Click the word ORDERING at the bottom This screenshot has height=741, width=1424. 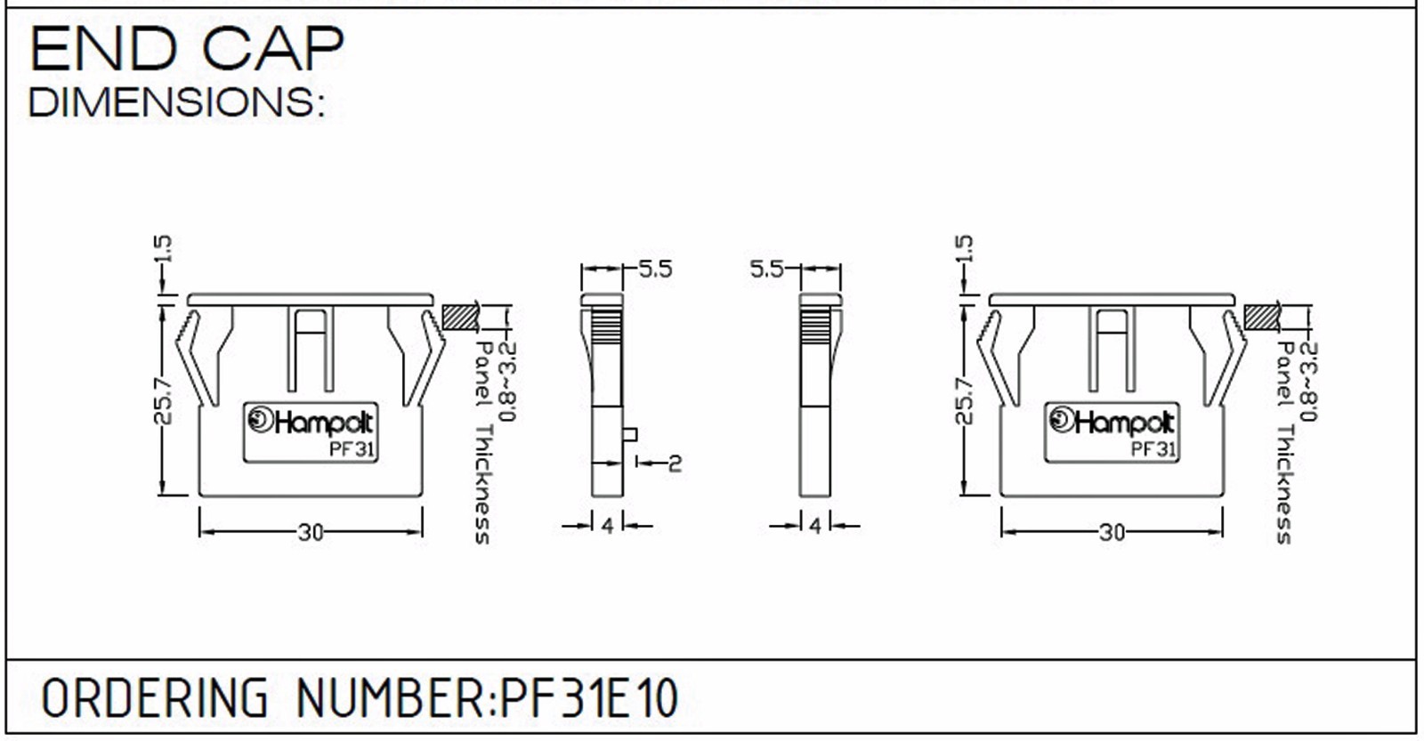coord(154,698)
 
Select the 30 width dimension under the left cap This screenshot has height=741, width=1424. coord(311,533)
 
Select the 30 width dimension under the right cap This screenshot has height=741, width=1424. coord(1112,533)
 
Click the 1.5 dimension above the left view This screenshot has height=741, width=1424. coord(163,249)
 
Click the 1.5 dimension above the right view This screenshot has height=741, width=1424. coord(964,249)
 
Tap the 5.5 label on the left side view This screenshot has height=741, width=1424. coord(655,270)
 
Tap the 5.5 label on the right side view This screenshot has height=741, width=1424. coord(766,270)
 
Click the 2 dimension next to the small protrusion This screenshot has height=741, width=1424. coord(675,463)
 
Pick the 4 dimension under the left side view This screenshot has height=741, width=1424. coord(607,527)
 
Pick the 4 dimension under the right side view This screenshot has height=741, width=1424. coord(815,527)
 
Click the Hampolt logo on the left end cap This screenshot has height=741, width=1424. coord(311,422)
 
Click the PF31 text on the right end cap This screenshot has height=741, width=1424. coord(1153,449)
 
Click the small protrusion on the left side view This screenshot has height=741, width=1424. coord(628,434)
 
